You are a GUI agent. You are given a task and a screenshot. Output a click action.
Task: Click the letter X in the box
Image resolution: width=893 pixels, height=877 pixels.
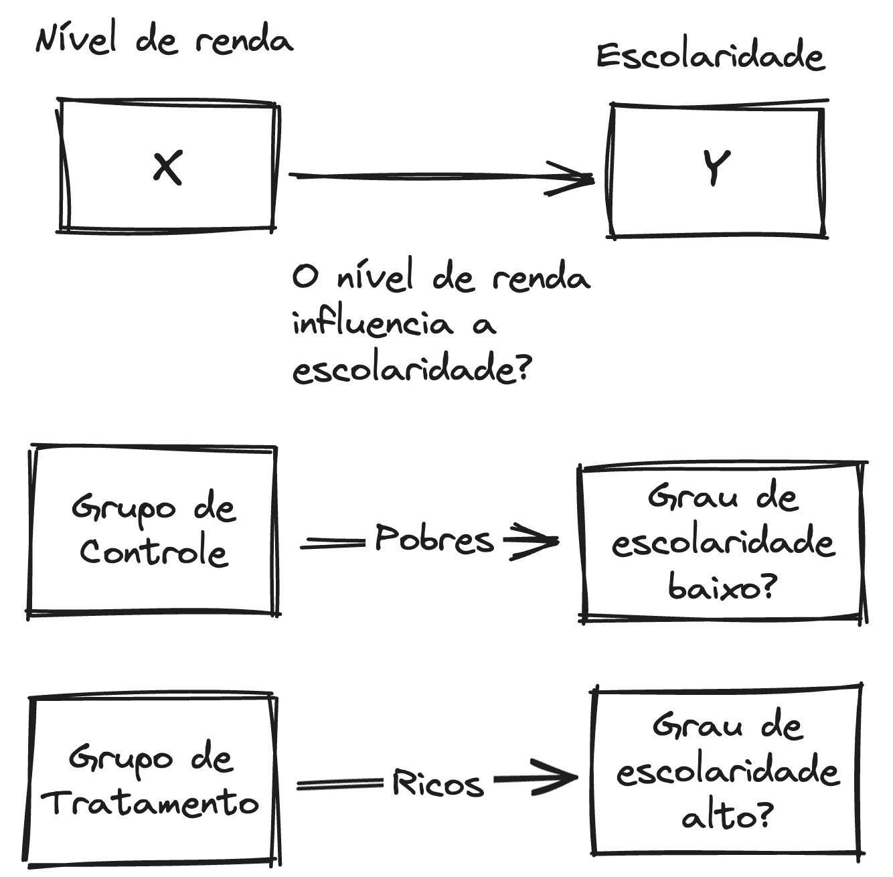[167, 167]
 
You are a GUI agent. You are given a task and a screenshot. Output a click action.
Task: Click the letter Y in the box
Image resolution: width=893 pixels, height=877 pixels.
[716, 167]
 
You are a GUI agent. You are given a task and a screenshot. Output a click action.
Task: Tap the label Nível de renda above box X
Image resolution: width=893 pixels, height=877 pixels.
[164, 40]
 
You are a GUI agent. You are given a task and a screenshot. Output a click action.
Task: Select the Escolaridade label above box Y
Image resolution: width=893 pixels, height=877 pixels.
[710, 56]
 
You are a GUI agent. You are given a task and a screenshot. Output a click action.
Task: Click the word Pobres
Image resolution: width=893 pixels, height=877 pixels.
[434, 539]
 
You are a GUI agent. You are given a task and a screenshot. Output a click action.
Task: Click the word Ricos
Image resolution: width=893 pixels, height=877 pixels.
[438, 783]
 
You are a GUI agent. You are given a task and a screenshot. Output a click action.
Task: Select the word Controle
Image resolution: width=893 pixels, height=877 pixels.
[154, 552]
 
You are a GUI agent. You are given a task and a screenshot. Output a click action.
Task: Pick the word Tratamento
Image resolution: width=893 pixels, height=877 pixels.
[151, 802]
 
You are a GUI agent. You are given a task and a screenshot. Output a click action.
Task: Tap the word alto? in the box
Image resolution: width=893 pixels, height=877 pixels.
[727, 816]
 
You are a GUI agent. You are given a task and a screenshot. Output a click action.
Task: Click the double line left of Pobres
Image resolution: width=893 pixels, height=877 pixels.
[333, 545]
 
